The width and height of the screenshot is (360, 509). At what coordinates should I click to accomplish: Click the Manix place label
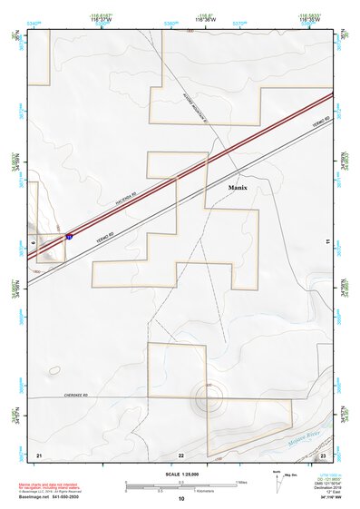tap(238, 188)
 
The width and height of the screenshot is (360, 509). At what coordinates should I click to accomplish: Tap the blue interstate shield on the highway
tap(69, 236)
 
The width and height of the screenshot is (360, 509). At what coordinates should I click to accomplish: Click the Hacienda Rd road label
tap(125, 196)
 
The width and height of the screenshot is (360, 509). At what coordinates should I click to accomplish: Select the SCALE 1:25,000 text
tap(181, 474)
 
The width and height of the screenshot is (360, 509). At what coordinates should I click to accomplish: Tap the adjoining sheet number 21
tap(39, 453)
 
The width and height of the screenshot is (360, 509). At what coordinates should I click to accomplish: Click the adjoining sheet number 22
tap(181, 454)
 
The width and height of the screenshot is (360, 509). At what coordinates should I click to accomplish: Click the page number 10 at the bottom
tap(181, 498)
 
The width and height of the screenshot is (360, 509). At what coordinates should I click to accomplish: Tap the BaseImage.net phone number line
tap(47, 497)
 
